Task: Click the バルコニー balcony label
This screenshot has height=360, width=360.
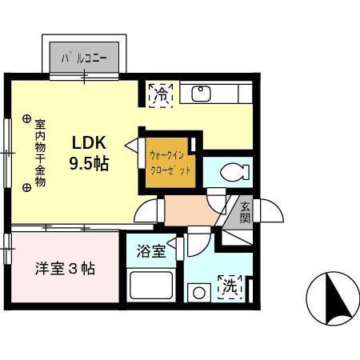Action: coord(84,58)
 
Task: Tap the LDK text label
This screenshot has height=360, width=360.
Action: coord(90,142)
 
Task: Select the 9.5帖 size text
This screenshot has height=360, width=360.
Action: coord(89,163)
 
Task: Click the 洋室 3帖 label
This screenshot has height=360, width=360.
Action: coord(66,269)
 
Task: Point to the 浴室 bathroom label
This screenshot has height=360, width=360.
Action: coord(151,251)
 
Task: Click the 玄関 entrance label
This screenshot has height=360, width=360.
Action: coord(245,213)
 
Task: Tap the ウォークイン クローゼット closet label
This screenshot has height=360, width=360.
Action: coord(170,162)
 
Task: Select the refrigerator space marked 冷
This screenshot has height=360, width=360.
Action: coord(161,96)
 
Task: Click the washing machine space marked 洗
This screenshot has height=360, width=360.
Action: coord(230,287)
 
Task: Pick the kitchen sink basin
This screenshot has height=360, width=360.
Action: coord(202,94)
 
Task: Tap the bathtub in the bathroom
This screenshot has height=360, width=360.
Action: coord(151,286)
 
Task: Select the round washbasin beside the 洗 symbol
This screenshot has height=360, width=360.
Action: coord(199,293)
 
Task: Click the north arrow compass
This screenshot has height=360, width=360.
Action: coord(333,298)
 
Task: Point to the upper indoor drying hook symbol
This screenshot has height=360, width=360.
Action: coord(26,118)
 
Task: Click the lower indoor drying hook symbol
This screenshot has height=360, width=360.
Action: coord(26,188)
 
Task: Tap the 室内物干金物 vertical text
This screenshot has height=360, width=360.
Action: coord(40,153)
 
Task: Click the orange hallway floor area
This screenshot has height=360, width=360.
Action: coord(190,210)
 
